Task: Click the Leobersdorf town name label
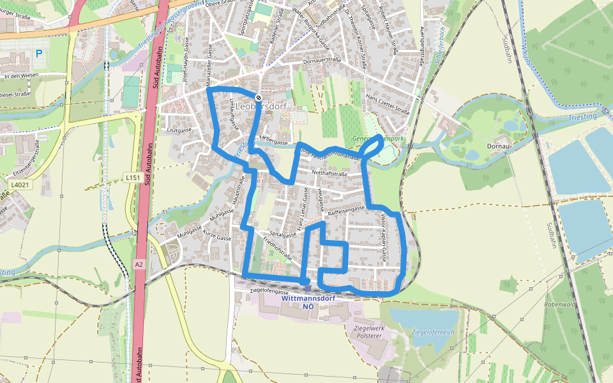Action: point(262,107)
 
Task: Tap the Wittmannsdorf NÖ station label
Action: point(308,302)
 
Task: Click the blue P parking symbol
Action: point(39,54)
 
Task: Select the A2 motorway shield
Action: point(139,264)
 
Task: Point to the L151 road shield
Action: point(133,177)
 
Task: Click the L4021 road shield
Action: point(20,185)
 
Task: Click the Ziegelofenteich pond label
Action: point(433,332)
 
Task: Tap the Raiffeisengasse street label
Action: point(346,209)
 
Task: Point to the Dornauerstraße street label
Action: point(323,61)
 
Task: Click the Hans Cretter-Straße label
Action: point(388,103)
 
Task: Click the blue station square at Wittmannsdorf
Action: point(307,289)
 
